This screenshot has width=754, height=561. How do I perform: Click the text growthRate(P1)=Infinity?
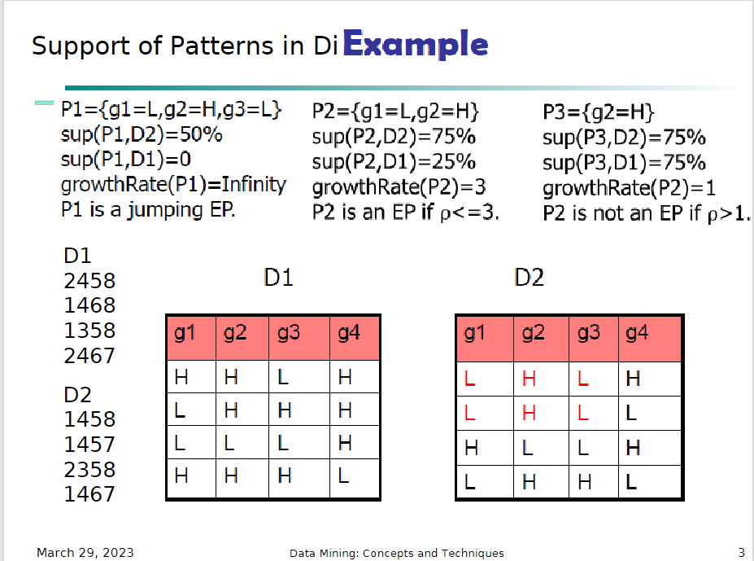[173, 185]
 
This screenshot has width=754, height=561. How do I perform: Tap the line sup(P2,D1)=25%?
[394, 161]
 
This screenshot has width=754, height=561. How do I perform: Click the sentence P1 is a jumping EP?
[148, 210]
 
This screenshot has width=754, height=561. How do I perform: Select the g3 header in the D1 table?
[288, 333]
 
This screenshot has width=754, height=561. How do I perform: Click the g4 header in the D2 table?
[637, 333]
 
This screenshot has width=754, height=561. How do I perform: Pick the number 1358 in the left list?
[89, 331]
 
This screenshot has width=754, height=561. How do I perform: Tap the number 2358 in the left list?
[89, 470]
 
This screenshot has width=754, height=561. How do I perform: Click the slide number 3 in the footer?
[740, 553]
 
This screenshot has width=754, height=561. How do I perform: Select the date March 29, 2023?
[85, 553]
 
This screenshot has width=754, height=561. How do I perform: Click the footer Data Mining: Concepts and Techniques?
[396, 553]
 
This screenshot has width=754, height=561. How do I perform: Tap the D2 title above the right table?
[529, 278]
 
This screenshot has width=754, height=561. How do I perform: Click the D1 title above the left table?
[278, 278]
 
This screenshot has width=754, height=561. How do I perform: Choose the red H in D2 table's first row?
[529, 378]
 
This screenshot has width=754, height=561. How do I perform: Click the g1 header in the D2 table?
[472, 333]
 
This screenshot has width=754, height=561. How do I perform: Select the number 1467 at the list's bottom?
[89, 494]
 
